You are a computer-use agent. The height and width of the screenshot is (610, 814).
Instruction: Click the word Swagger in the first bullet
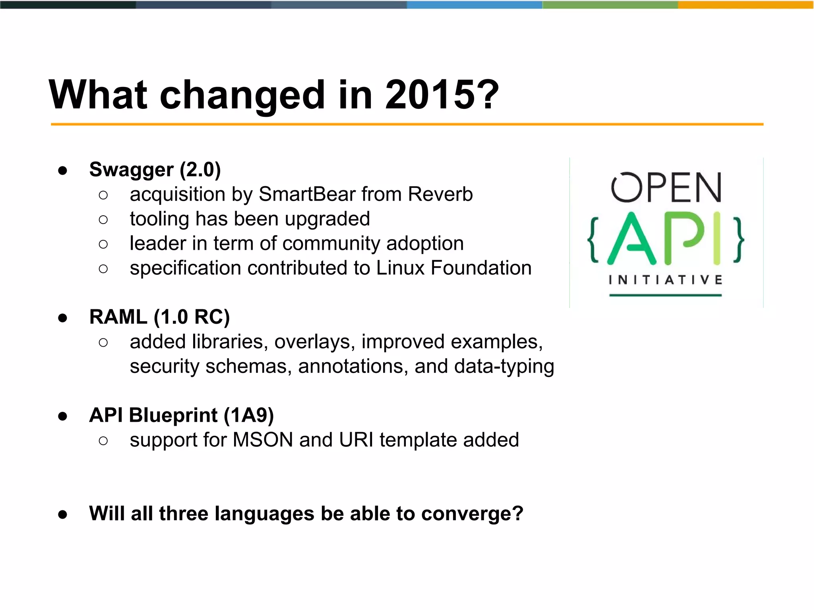pyautogui.click(x=131, y=170)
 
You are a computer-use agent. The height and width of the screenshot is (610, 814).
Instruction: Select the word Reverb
pyautogui.click(x=440, y=194)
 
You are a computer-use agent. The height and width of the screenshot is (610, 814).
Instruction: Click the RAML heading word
pyautogui.click(x=118, y=317)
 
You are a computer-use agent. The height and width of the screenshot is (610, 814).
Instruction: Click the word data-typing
pyautogui.click(x=504, y=366)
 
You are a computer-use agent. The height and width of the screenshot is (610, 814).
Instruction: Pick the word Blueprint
pyautogui.click(x=173, y=415)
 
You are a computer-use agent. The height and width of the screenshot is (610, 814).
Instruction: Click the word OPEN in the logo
pyautogui.click(x=666, y=187)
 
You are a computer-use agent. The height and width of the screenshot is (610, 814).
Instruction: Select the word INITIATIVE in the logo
pyautogui.click(x=665, y=280)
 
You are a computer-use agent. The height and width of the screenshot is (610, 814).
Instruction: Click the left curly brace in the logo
pyautogui.click(x=593, y=240)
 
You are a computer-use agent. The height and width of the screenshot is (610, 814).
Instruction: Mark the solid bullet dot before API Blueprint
pyautogui.click(x=62, y=416)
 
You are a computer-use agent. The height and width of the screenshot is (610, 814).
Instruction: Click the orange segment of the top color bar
pyautogui.click(x=746, y=5)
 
